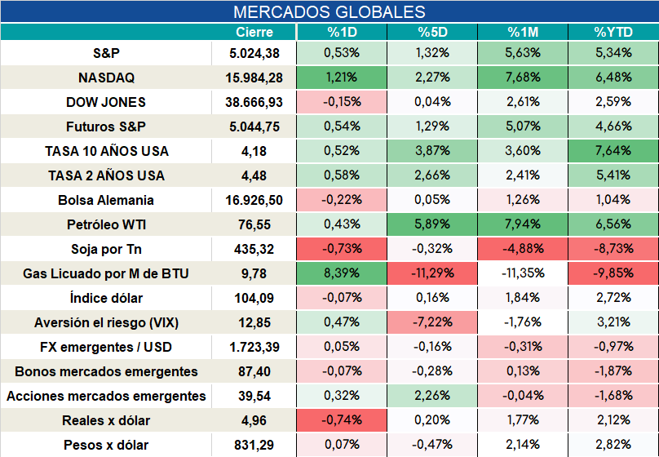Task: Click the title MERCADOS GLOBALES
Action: (x=329, y=11)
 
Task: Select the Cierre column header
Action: (x=254, y=32)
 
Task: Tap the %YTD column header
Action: (x=613, y=32)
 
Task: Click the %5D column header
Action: (x=432, y=32)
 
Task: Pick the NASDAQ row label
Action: (x=106, y=78)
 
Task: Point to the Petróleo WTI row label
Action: (x=106, y=224)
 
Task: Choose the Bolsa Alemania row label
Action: (x=106, y=200)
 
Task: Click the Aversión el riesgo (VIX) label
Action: (x=106, y=322)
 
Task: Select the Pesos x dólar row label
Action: (x=106, y=445)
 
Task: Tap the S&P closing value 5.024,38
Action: (x=254, y=53)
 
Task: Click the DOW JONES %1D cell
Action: (x=342, y=102)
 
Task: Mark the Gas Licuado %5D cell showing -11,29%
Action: (x=432, y=273)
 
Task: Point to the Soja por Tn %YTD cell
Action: (x=613, y=248)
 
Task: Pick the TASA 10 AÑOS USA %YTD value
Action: (x=613, y=150)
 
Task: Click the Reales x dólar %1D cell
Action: (x=342, y=420)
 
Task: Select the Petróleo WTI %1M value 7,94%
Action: (x=523, y=224)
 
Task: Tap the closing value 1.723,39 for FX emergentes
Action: (x=254, y=348)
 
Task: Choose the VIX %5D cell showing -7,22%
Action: (x=432, y=322)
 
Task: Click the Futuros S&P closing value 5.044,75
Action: (x=254, y=127)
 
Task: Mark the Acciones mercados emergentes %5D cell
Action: (x=432, y=396)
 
